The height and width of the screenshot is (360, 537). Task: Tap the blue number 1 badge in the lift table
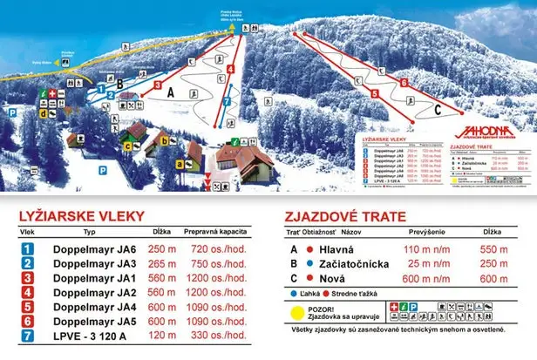coord(28,249)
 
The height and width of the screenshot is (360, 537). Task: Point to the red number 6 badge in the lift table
coord(28,321)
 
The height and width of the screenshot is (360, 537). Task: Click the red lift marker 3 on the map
coord(160,86)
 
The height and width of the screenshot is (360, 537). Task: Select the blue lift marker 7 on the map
coord(227,101)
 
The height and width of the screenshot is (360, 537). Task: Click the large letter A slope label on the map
coord(172,92)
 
